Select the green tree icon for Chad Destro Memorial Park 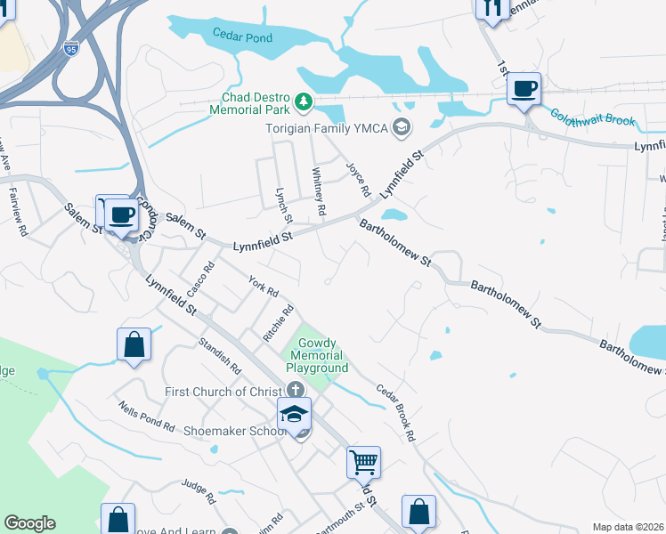[304, 101]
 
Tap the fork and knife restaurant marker [491, 8]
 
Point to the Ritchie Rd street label [279, 325]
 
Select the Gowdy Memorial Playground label [316, 355]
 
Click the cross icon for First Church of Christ [296, 390]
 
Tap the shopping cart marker [363, 462]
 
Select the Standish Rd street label [220, 353]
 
